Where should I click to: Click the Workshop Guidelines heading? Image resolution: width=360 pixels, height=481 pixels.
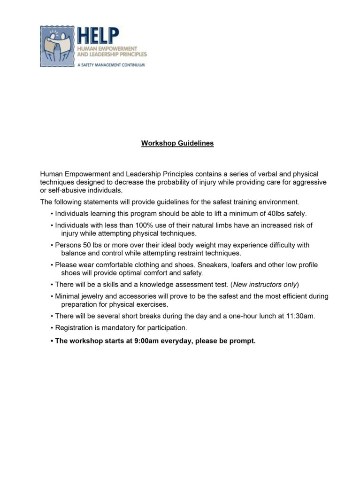pyautogui.click(x=177, y=143)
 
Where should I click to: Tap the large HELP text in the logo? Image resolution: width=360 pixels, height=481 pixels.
pyautogui.click(x=98, y=36)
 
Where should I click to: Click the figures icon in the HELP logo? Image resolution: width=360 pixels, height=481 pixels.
pyautogui.click(x=57, y=47)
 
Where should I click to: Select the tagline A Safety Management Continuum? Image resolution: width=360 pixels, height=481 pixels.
pyautogui.click(x=111, y=64)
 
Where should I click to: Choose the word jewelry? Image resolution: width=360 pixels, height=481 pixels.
pyautogui.click(x=94, y=296)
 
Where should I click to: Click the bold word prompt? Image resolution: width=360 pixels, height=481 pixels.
pyautogui.click(x=242, y=341)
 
